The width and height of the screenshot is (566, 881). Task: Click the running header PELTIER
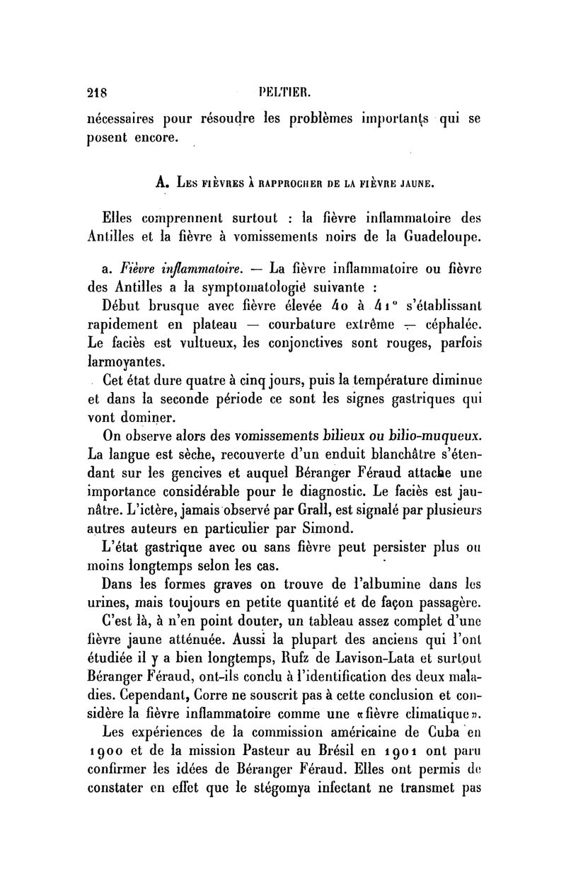[283, 91]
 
